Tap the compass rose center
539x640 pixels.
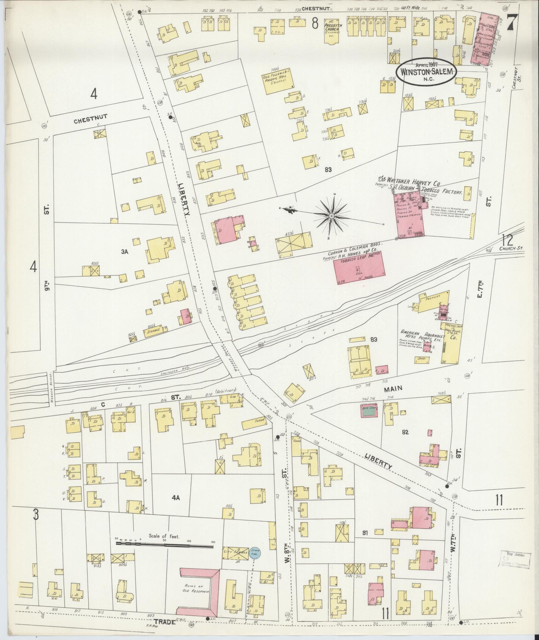pos(331,216)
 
